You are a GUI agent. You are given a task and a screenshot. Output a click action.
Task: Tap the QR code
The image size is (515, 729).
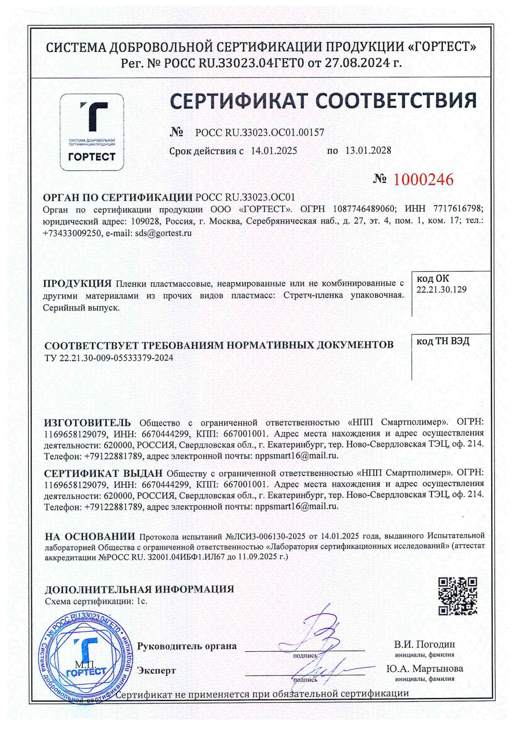point(458,596)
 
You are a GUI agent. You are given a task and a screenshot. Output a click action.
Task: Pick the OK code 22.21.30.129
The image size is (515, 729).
point(441,289)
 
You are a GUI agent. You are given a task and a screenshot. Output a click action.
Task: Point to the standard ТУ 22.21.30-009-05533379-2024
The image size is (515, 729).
point(109,358)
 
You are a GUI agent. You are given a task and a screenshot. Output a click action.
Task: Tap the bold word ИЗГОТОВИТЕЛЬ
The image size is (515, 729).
point(87,423)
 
